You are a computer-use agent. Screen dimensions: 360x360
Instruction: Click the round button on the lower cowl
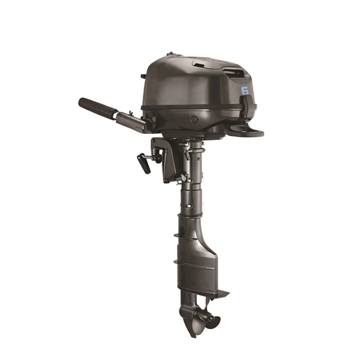click(x=194, y=119)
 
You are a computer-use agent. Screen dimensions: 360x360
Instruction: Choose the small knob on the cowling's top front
click(x=169, y=55)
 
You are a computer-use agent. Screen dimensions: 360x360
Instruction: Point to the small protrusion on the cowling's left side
click(x=143, y=76)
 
